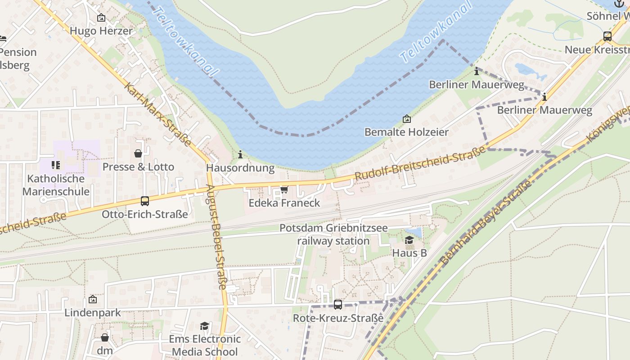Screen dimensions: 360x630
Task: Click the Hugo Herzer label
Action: pyautogui.click(x=101, y=31)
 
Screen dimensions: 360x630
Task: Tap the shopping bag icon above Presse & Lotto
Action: pyautogui.click(x=138, y=153)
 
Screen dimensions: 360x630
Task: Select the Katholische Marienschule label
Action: pyautogui.click(x=56, y=185)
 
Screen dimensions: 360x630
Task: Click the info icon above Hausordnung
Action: pyautogui.click(x=240, y=155)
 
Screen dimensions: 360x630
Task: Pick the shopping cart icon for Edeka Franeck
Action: pyautogui.click(x=284, y=189)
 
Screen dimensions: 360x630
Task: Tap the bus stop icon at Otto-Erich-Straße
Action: pyautogui.click(x=145, y=201)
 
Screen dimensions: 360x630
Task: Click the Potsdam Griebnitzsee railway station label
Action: pyautogui.click(x=333, y=234)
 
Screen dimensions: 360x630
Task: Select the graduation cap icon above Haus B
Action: pyautogui.click(x=409, y=240)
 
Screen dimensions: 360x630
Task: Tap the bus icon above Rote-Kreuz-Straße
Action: pyautogui.click(x=338, y=305)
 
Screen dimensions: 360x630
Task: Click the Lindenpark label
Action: pyautogui.click(x=93, y=313)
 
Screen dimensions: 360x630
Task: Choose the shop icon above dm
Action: pyautogui.click(x=105, y=337)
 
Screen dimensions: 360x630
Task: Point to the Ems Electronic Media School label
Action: pyautogui.click(x=205, y=345)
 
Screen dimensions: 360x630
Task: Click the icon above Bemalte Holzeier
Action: pyautogui.click(x=406, y=119)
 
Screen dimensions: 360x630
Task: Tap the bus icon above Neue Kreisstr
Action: pyautogui.click(x=607, y=36)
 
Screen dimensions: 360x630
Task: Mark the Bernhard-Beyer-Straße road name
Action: pyautogui.click(x=486, y=224)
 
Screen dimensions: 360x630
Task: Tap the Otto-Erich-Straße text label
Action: pyautogui.click(x=144, y=214)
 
